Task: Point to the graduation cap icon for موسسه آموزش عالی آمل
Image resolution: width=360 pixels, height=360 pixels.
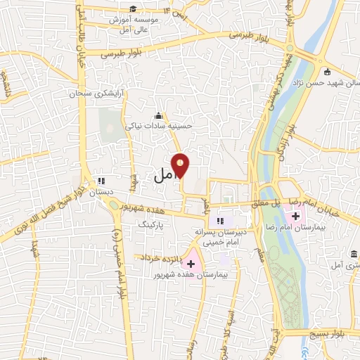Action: [x=133, y=8]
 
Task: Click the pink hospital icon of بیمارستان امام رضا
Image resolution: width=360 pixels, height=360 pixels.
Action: [x=295, y=215]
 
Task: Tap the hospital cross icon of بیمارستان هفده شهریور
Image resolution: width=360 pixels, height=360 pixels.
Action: [x=191, y=262]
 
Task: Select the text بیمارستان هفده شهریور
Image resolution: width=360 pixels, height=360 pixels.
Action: [x=184, y=275]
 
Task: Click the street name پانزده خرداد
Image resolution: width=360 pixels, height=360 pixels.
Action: [x=161, y=259]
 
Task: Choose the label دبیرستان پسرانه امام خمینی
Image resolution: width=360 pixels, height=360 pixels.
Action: [x=223, y=236]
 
